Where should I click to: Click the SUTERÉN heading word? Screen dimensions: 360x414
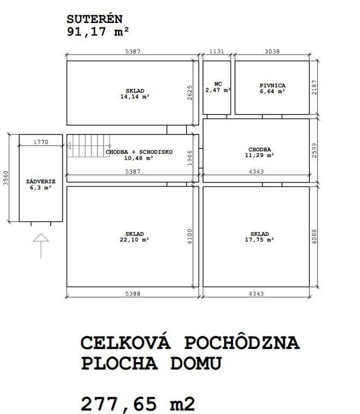pyautogui.click(x=94, y=19)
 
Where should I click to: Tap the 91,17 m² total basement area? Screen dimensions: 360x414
pyautogui.click(x=98, y=32)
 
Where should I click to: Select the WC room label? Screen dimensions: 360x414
pyautogui.click(x=218, y=84)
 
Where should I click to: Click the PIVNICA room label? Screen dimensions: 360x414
pyautogui.click(x=273, y=86)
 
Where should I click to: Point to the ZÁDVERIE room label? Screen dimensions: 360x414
pyautogui.click(x=41, y=182)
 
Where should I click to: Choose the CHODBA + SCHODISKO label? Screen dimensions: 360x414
pyautogui.click(x=139, y=152)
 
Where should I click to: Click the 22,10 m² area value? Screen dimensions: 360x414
pyautogui.click(x=134, y=240)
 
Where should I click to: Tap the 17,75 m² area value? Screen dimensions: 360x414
pyautogui.click(x=260, y=240)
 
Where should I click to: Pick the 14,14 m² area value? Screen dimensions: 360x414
pyautogui.click(x=135, y=97)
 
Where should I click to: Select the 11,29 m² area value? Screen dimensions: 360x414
pyautogui.click(x=260, y=155)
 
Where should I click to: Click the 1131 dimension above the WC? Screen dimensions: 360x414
pyautogui.click(x=217, y=51)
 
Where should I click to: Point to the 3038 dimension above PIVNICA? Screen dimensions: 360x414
pyautogui.click(x=272, y=51)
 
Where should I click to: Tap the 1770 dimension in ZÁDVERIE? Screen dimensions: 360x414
pyautogui.click(x=41, y=142)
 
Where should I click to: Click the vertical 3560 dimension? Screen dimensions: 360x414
pyautogui.click(x=6, y=178)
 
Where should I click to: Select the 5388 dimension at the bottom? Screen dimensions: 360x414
pyautogui.click(x=133, y=293)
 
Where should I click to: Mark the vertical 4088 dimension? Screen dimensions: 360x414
pyautogui.click(x=314, y=236)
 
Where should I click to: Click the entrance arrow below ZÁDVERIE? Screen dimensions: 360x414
pyautogui.click(x=41, y=246)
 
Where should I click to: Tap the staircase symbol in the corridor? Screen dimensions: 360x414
pyautogui.click(x=89, y=146)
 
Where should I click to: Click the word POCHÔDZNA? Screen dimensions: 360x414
pyautogui.click(x=242, y=343)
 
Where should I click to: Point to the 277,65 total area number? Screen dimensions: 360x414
pyautogui.click(x=119, y=404)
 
